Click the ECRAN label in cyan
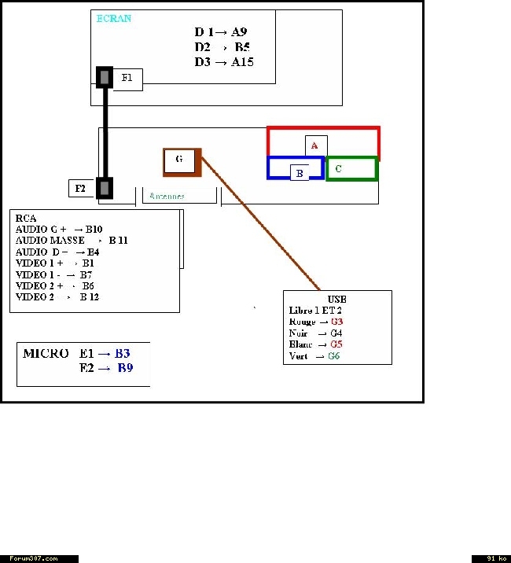[113, 18]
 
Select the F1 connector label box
[127, 79]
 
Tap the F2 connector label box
[80, 189]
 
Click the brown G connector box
[180, 160]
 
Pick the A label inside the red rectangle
[314, 145]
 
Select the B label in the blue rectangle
[299, 172]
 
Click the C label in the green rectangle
[338, 168]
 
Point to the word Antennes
[167, 196]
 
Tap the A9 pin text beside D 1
[239, 32]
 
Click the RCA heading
[26, 219]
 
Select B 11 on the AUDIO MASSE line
[118, 240]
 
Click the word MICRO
[46, 354]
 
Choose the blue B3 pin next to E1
[122, 354]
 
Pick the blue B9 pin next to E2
[125, 367]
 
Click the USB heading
[336, 300]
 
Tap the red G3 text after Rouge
[336, 322]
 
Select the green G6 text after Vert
[334, 356]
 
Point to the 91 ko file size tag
[491, 558]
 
